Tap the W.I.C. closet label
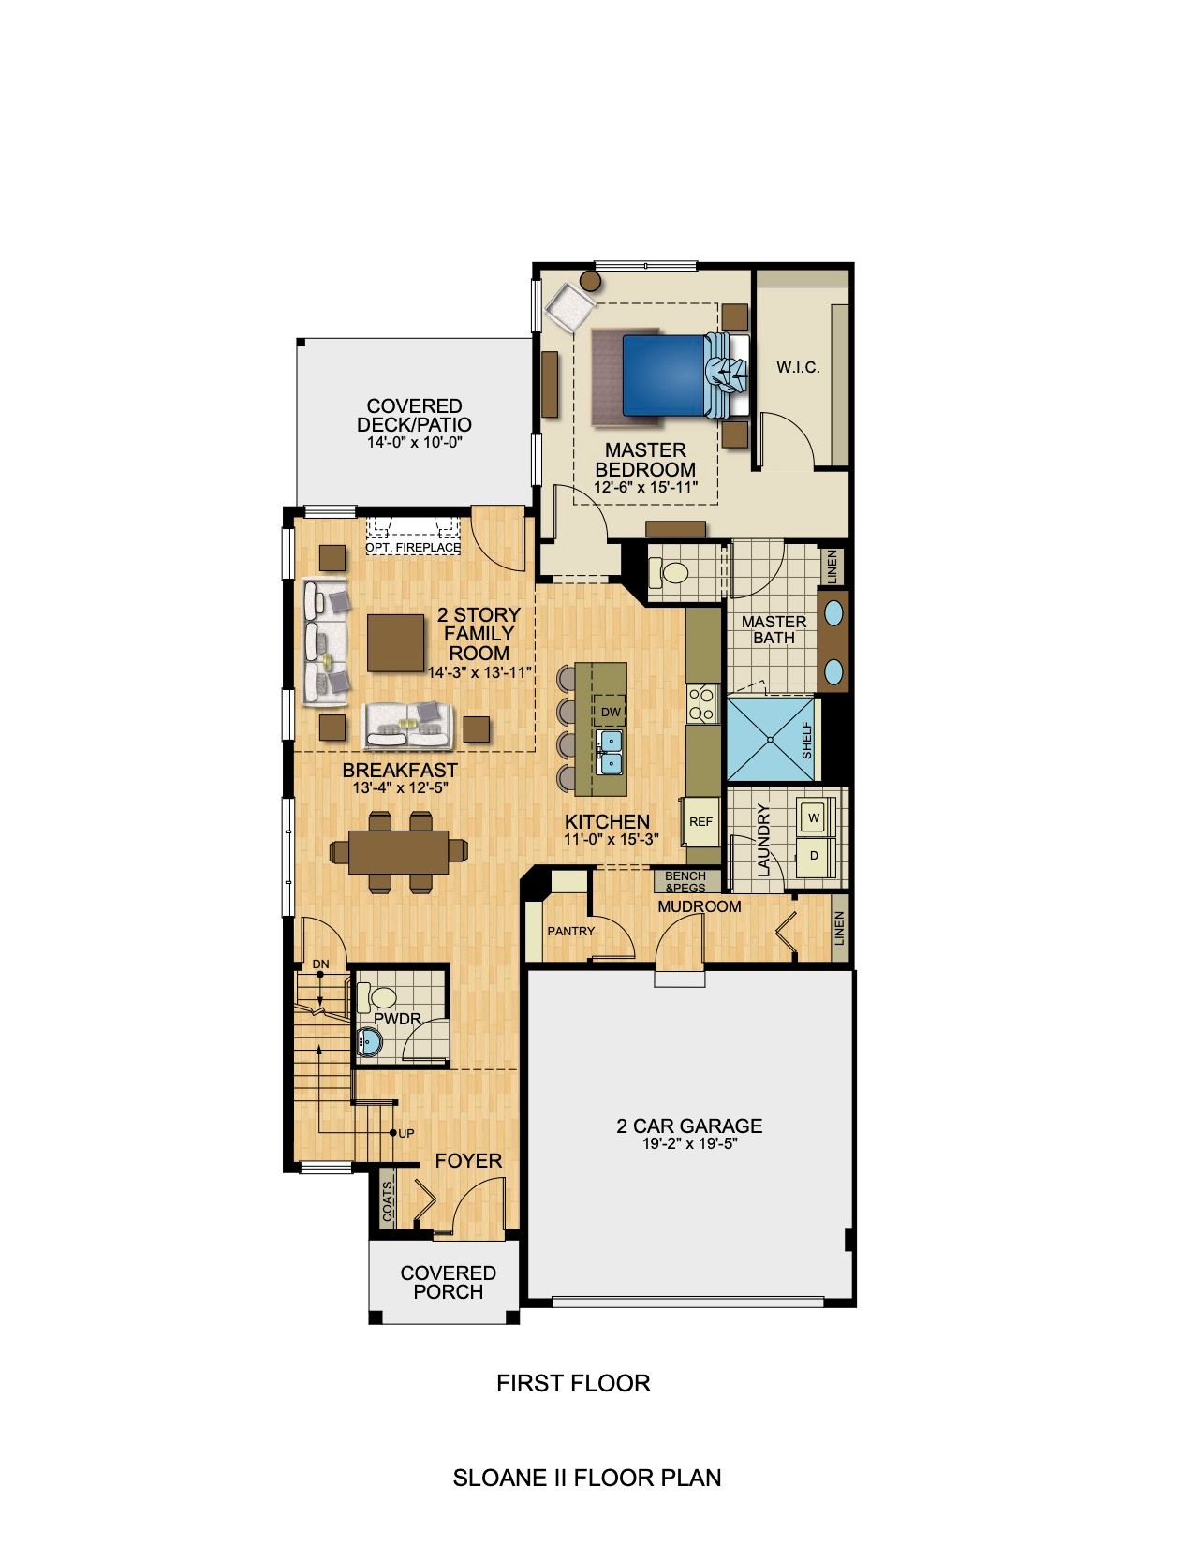click(x=798, y=368)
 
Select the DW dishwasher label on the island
click(x=611, y=713)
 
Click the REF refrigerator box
click(x=700, y=822)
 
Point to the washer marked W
click(x=814, y=818)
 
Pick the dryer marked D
click(x=814, y=855)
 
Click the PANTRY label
click(x=570, y=931)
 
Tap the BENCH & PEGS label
click(x=685, y=882)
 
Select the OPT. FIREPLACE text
click(x=413, y=547)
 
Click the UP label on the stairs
click(x=405, y=1133)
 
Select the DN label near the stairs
click(x=320, y=964)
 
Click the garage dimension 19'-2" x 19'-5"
click(x=689, y=1144)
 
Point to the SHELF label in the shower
click(x=807, y=740)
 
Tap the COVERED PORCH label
click(x=449, y=1282)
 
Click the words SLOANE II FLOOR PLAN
click(x=587, y=1478)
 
